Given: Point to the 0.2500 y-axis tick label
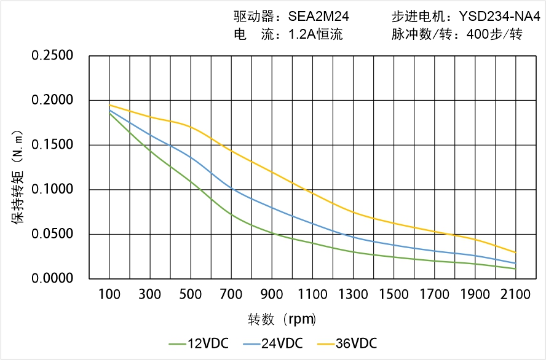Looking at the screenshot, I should point(52,56).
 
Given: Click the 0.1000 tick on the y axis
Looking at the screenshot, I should point(52,189).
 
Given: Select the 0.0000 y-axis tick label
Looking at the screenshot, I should point(52,278).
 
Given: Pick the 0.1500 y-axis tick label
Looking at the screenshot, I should point(52,145).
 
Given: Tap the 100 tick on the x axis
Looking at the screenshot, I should point(109,295).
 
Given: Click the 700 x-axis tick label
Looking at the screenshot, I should point(231,295).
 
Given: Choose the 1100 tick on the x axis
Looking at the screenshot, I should point(312,295).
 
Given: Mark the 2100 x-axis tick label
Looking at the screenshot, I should point(515,295).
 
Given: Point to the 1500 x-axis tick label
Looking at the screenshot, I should point(394,295).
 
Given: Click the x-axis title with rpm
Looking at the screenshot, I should point(282,319).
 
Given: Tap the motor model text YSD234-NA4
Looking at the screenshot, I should point(494,17).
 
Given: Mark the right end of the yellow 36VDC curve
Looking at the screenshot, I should point(515,252).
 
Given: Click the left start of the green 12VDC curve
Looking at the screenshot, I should point(109,113).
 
